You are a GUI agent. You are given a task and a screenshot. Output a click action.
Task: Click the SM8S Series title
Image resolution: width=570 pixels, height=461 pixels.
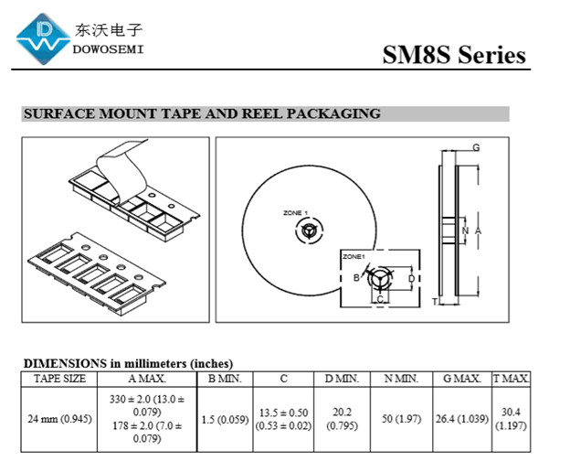pos(454,55)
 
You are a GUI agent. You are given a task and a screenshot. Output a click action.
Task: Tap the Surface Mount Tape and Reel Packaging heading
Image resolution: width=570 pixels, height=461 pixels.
pos(201,114)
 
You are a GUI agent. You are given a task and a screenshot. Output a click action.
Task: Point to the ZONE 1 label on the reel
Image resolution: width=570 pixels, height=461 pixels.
pos(295,213)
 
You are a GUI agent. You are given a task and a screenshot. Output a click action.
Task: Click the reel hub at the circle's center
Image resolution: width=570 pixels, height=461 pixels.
pos(310,231)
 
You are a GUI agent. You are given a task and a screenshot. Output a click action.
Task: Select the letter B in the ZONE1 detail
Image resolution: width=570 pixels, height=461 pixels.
pos(356,278)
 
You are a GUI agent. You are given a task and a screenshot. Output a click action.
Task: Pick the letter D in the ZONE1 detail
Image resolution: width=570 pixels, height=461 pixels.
pos(411,278)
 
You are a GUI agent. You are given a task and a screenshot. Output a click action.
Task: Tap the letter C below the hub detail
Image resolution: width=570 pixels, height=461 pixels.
pos(380,299)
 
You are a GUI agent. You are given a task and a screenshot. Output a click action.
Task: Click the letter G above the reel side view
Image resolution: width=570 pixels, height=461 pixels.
pos(476,147)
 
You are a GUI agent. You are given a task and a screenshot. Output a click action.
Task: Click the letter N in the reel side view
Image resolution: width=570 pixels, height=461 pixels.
pos(465,230)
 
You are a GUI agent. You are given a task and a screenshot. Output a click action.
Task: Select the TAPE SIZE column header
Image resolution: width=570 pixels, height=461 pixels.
pos(60,379)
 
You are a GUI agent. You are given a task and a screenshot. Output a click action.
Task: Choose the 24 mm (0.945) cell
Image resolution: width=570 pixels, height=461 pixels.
pos(60,419)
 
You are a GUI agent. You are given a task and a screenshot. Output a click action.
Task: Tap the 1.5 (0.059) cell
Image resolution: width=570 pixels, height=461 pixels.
pos(225,419)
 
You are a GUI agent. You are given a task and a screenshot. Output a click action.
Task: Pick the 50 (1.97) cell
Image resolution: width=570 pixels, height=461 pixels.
pos(400,419)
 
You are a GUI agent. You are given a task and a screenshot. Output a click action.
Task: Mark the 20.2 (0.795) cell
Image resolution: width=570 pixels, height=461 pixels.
pos(342,419)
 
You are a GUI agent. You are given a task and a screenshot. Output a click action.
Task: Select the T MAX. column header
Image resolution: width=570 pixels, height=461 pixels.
pos(511,379)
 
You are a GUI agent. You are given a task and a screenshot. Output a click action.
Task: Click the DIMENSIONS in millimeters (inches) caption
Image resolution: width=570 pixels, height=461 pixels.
pos(128,363)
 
